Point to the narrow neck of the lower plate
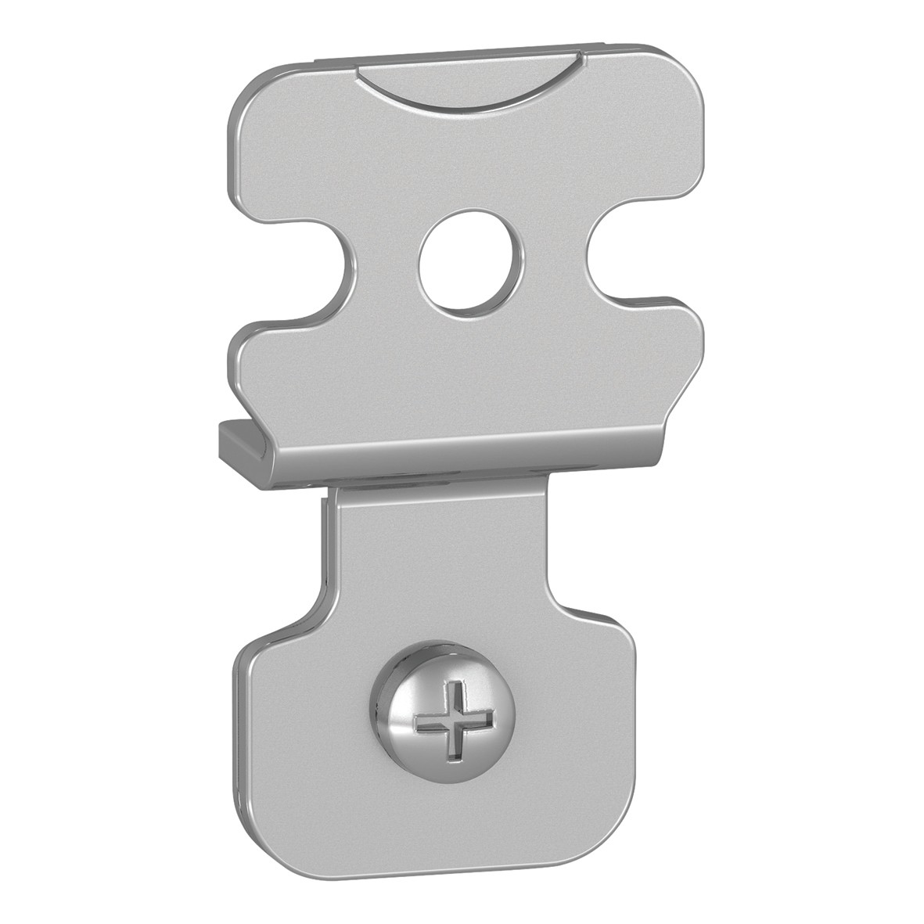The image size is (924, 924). coord(438,548)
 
